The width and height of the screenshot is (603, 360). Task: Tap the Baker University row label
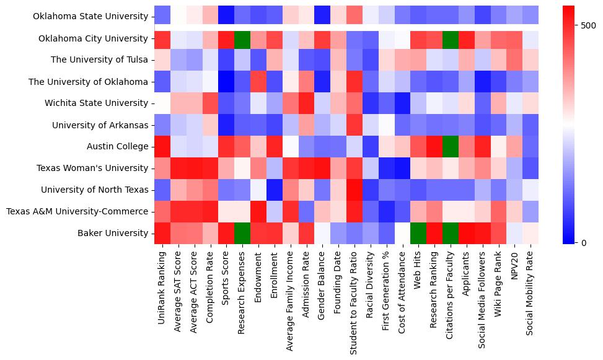pos(110,234)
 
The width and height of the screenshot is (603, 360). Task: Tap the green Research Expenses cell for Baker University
pos(242,234)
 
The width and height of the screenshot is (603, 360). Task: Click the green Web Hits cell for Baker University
pos(420,234)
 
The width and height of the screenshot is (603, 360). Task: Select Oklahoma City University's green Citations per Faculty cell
pos(452,38)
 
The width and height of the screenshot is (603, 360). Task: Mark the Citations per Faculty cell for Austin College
pos(452,147)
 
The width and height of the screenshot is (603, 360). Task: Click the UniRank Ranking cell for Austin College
pos(162,147)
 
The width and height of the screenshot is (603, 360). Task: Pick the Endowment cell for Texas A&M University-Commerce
pos(258,212)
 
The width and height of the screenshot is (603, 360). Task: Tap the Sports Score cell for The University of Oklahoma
pos(226,82)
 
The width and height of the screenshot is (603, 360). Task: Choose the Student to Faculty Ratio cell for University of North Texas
pos(355,190)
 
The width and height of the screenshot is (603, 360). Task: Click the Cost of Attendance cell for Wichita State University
pos(403,103)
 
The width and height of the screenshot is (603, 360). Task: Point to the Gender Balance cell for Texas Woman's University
pos(323,169)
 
